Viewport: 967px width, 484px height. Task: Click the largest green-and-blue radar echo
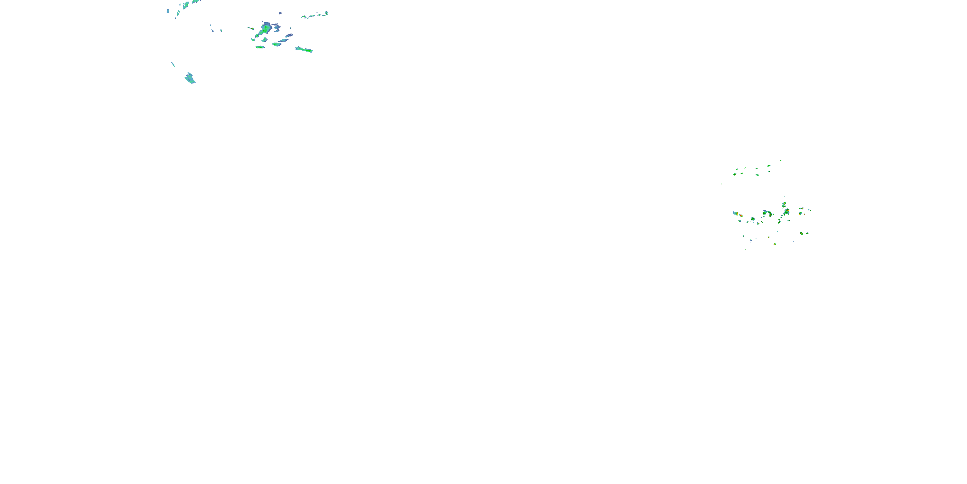point(266,28)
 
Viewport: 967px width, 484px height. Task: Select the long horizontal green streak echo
point(304,50)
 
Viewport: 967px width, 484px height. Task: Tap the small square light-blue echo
point(168,11)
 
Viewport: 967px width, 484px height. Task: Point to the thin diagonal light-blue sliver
point(173,64)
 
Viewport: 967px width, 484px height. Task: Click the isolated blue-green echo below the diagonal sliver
point(190,78)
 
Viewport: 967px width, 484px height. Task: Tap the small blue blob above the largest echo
point(280,13)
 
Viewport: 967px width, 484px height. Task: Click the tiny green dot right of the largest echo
point(290,28)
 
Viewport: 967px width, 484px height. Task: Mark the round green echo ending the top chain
point(326,13)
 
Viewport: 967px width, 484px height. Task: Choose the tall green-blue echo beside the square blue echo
point(178,14)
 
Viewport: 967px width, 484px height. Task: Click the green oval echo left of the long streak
point(277,44)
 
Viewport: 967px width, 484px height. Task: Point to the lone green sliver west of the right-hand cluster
point(721,184)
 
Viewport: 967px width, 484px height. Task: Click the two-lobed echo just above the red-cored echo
point(784,205)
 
